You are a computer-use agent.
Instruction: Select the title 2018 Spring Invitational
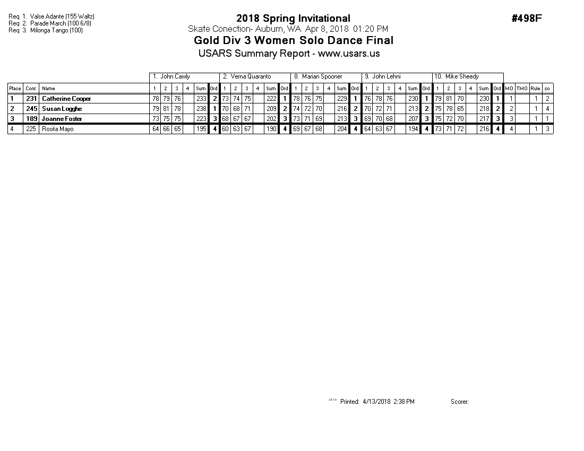[x=293, y=19]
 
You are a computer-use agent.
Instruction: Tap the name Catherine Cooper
[x=66, y=99]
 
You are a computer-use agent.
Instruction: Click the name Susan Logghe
[x=62, y=109]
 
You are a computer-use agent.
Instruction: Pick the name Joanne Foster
[x=62, y=119]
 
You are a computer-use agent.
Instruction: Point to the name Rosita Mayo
[x=57, y=129]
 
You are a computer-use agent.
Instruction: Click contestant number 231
[x=31, y=99]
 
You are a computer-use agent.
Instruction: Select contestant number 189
[x=31, y=119]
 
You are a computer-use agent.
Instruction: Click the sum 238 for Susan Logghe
[x=201, y=109]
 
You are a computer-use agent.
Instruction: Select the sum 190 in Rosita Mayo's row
[x=271, y=129]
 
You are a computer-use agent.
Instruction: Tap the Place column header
[x=15, y=89]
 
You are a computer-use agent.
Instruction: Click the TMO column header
[x=522, y=89]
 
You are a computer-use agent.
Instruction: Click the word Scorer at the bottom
[x=459, y=402]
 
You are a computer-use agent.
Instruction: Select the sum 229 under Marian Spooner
[x=342, y=99]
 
